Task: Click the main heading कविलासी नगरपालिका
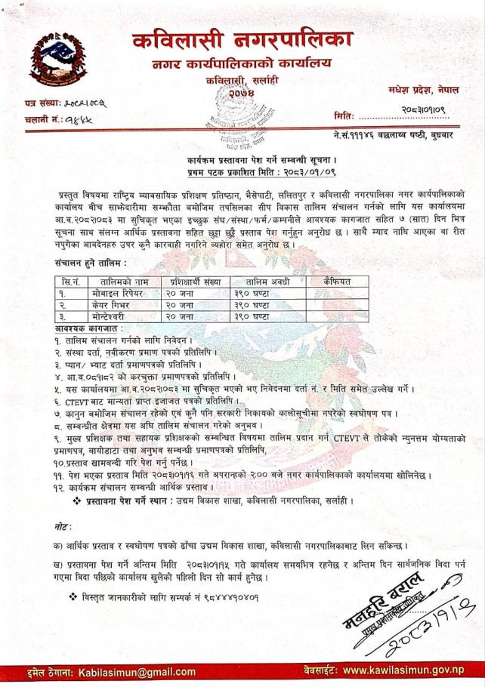point(241,40)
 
